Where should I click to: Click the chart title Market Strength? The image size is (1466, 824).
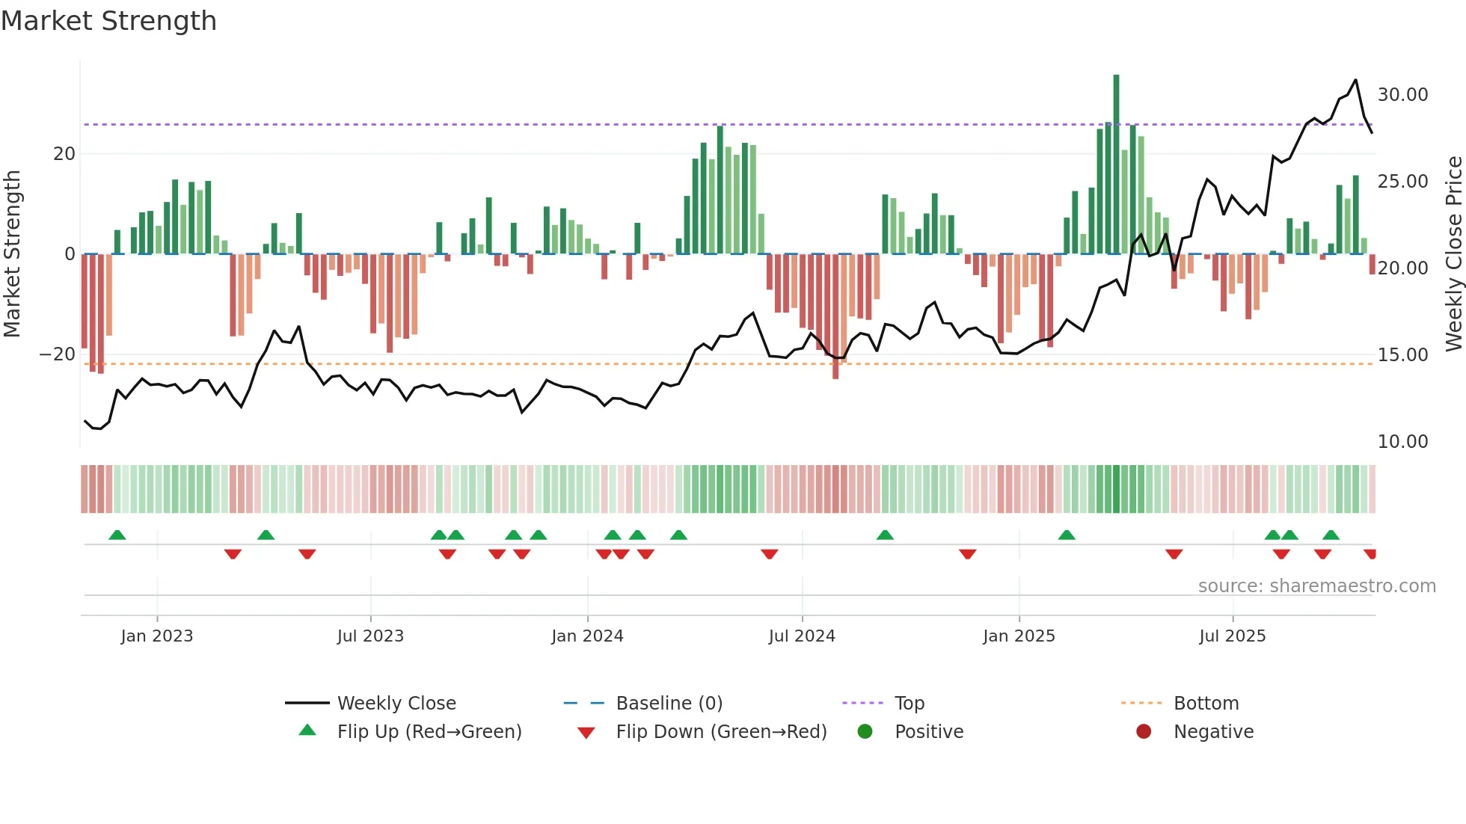[108, 21]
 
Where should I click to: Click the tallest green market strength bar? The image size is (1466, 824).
[1116, 165]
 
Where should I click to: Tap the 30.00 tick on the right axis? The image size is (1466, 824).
[1402, 95]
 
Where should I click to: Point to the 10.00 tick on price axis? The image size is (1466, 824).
[1402, 442]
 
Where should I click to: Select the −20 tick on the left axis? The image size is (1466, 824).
[58, 354]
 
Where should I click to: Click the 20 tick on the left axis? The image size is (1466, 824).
[64, 154]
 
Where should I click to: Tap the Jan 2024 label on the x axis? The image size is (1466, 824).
[587, 636]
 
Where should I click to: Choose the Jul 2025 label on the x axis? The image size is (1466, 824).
[1232, 636]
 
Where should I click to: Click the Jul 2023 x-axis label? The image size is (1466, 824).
[370, 636]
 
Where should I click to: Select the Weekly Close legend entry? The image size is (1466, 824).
[396, 704]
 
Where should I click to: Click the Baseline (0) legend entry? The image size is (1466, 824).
[669, 704]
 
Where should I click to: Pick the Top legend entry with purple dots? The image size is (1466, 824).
[909, 704]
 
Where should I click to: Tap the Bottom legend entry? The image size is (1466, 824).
[1206, 704]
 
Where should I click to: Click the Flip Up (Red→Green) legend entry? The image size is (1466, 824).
[429, 732]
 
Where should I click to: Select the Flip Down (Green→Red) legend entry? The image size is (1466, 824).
[721, 732]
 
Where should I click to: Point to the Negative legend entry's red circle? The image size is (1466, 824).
[1144, 732]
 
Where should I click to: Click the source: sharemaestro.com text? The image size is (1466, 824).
[1316, 586]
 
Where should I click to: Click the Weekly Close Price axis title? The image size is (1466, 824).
[1453, 254]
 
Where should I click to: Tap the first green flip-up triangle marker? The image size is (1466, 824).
[117, 535]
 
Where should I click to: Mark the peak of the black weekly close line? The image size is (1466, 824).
[1355, 80]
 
